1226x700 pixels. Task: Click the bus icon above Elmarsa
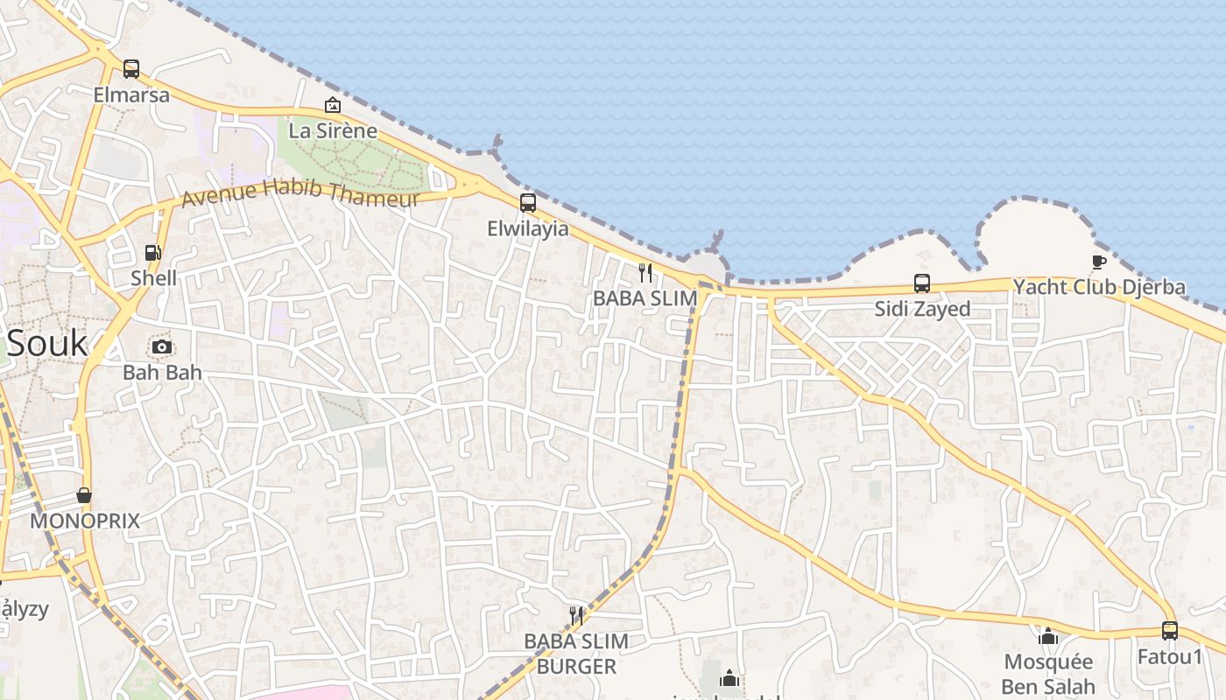[x=131, y=69]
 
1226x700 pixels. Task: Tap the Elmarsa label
[x=131, y=94]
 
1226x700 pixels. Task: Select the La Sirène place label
[x=333, y=131]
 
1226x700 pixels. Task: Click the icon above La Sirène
[x=333, y=106]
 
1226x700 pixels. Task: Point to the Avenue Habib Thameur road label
[x=300, y=193]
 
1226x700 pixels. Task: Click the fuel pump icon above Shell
[x=153, y=253]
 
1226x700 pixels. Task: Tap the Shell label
[x=153, y=278]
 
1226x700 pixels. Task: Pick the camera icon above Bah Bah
[x=161, y=347]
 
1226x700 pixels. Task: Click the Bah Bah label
[x=162, y=372]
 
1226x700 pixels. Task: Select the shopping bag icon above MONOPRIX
[x=84, y=496]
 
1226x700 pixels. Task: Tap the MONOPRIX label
[x=85, y=521]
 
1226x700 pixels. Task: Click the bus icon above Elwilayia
[x=528, y=203]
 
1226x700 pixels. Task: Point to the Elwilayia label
[x=528, y=229]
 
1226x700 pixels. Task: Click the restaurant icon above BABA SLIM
[x=645, y=273]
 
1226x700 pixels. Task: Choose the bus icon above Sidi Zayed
[x=922, y=283]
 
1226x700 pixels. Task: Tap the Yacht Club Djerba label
[x=1099, y=287]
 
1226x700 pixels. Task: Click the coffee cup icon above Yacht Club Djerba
[x=1099, y=262]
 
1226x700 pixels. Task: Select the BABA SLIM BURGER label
[x=576, y=654]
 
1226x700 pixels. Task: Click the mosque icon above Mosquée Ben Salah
[x=1048, y=636]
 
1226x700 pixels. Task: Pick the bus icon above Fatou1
[x=1170, y=631]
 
